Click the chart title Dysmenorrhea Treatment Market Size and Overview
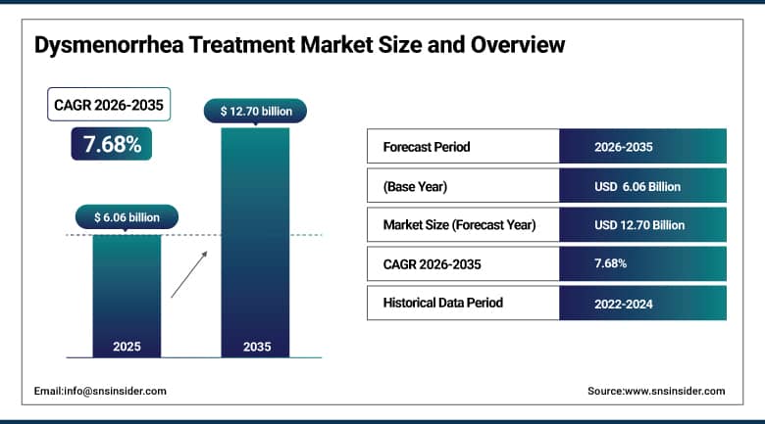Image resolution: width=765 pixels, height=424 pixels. point(299,45)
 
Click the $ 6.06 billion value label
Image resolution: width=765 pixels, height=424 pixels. point(127,216)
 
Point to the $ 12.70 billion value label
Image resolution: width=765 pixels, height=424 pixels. point(255,111)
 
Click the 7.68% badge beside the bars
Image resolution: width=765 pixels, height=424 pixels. point(112,144)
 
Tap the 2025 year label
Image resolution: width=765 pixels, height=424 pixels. point(127,347)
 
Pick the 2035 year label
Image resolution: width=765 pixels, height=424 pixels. point(255,347)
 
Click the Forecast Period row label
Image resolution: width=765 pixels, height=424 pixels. point(426,147)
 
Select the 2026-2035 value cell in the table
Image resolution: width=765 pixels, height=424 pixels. point(624,147)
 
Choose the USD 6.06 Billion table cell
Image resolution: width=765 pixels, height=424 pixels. point(637,186)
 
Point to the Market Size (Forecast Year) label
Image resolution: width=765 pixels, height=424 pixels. point(459,224)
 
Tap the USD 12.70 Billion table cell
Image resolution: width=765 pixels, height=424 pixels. point(639,224)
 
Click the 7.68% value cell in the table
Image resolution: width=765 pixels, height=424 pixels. point(611,263)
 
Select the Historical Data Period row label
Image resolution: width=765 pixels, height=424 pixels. point(442,303)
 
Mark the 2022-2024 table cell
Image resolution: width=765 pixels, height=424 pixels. point(624,303)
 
